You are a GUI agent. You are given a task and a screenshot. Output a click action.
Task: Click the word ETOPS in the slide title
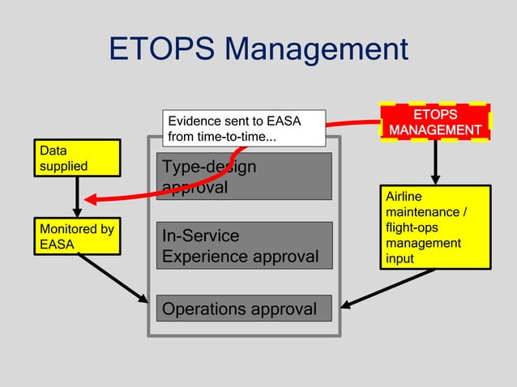coord(161,49)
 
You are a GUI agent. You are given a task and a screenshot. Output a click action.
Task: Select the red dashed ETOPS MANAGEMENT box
coord(435,122)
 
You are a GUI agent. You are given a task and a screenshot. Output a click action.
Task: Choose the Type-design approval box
coord(243,176)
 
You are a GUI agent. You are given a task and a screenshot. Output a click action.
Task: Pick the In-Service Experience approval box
coord(243,246)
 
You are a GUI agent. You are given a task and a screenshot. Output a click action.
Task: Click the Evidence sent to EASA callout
coord(243,129)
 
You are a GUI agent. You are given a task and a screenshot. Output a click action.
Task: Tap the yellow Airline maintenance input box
coord(435,227)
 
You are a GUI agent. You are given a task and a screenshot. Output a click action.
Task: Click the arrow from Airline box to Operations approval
coord(389,289)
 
